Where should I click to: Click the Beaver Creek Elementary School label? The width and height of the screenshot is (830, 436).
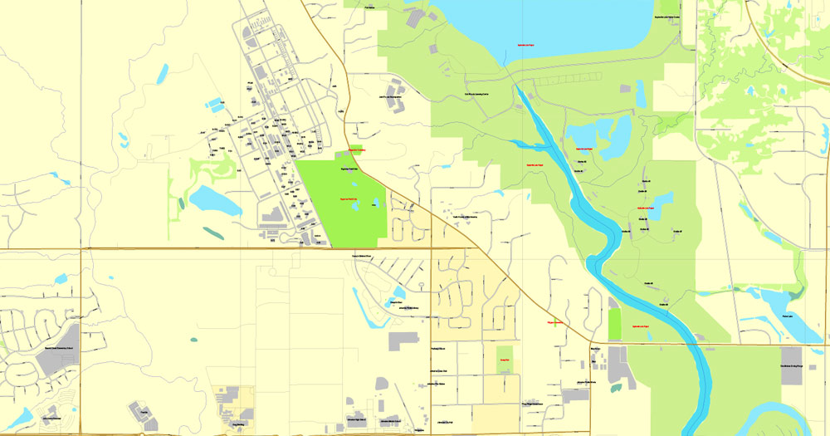59,348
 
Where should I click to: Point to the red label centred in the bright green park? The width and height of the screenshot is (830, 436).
349,199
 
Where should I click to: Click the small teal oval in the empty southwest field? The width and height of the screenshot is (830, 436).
194,339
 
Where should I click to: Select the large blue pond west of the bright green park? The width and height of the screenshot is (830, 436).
204,200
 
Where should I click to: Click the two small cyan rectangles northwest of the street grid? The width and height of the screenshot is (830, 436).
215,105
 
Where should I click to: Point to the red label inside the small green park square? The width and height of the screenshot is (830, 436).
503,359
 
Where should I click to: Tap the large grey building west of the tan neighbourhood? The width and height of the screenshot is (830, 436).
403,340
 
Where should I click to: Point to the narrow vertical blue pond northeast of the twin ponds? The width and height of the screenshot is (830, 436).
641,93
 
